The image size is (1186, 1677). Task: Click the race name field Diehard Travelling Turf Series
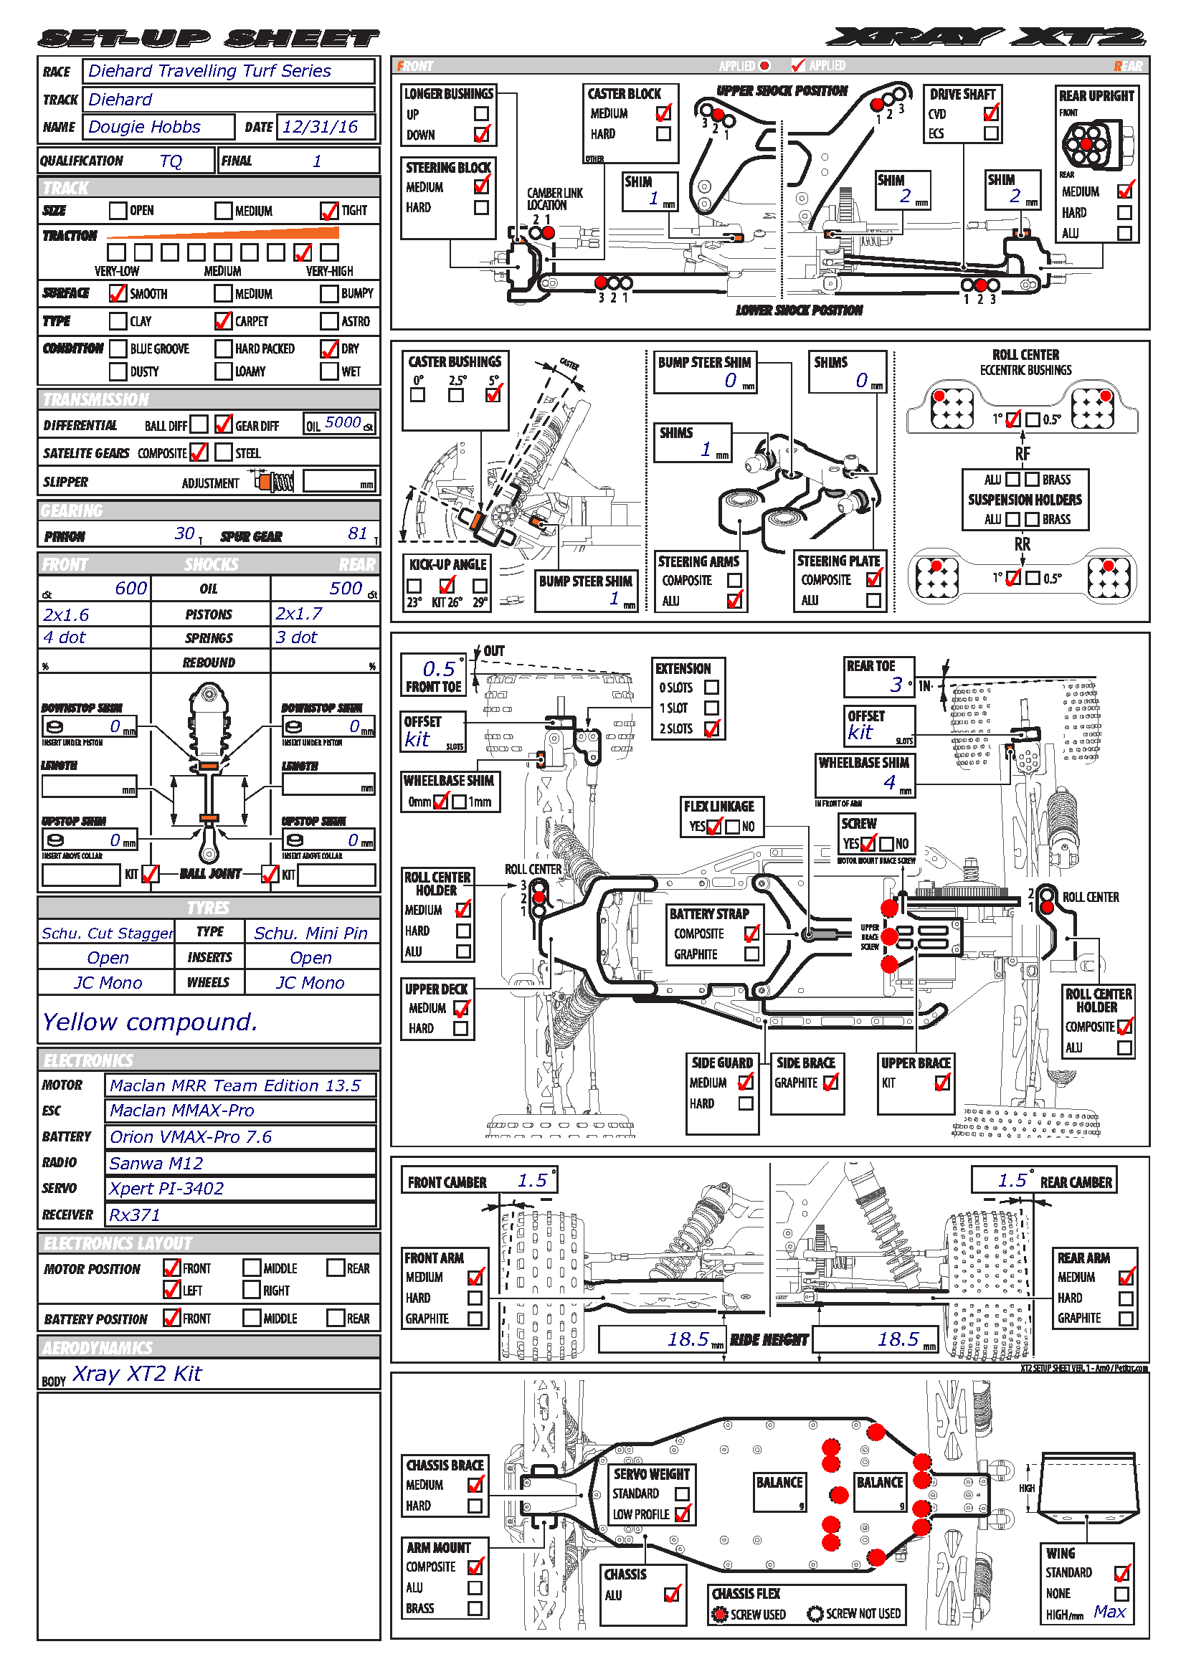pyautogui.click(x=209, y=71)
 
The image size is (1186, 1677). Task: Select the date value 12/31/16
pyautogui.click(x=320, y=127)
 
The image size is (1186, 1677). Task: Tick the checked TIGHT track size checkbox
pyautogui.click(x=329, y=210)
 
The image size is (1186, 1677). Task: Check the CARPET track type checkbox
pyautogui.click(x=224, y=320)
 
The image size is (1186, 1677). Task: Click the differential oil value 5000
pyautogui.click(x=343, y=423)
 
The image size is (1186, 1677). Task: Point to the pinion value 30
pyautogui.click(x=185, y=534)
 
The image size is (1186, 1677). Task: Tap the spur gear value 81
pyautogui.click(x=358, y=534)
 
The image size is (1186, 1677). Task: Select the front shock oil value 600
pyautogui.click(x=131, y=589)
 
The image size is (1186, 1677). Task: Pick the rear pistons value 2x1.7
pyautogui.click(x=299, y=614)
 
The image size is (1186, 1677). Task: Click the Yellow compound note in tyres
pyautogui.click(x=150, y=1022)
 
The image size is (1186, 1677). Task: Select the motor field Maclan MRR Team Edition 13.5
pyautogui.click(x=235, y=1086)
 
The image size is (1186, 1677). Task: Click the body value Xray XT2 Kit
pyautogui.click(x=136, y=1374)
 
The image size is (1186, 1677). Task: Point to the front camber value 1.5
pyautogui.click(x=532, y=1180)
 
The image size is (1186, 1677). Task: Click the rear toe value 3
pyautogui.click(x=896, y=685)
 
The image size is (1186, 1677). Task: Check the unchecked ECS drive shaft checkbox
pyautogui.click(x=991, y=133)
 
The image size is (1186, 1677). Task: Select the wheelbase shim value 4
pyautogui.click(x=889, y=782)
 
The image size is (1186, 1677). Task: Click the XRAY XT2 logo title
pyautogui.click(x=986, y=37)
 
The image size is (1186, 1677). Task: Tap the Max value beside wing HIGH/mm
pyautogui.click(x=1109, y=1612)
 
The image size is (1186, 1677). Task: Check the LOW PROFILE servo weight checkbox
pyautogui.click(x=683, y=1514)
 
